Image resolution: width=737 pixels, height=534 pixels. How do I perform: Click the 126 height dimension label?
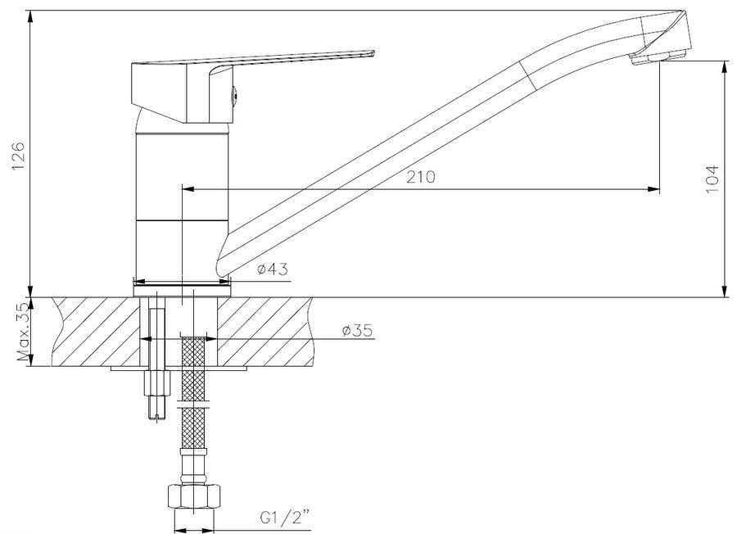(x=18, y=156)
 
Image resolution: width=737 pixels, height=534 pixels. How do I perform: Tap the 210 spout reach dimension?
(x=421, y=177)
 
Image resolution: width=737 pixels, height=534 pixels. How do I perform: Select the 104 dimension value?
(x=712, y=179)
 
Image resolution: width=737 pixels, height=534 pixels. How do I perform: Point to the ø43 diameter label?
(x=273, y=269)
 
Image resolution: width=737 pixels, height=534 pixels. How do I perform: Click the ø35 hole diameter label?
(x=357, y=330)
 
